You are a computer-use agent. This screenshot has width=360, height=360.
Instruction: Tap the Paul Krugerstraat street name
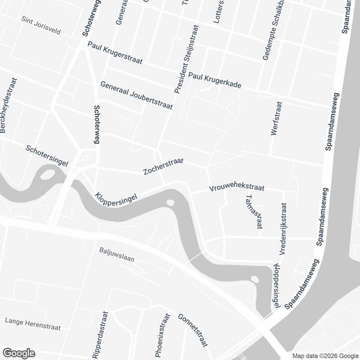point(115,53)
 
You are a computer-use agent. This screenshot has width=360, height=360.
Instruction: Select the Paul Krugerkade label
point(214,79)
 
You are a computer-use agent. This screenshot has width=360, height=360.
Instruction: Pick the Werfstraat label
point(277,119)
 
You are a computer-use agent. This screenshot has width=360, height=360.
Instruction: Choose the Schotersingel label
point(47,155)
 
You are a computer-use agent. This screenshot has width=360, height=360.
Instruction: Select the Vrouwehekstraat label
point(237,187)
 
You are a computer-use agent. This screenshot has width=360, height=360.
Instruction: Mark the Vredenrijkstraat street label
point(283,229)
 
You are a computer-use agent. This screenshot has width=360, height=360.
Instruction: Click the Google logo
point(18,353)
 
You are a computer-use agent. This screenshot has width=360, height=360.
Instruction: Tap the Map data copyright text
point(325,356)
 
